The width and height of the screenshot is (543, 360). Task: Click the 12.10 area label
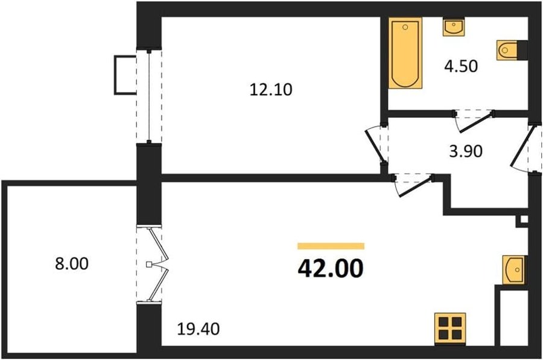pos(271,90)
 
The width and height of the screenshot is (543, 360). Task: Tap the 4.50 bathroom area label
pos(461,66)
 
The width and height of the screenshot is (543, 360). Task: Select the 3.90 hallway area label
pos(466,151)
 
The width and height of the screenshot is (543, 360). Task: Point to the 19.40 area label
pos(198,329)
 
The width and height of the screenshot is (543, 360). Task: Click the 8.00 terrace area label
pos(72,264)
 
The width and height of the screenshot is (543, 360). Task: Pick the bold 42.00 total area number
pos(331,268)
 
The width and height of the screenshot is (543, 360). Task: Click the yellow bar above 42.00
pos(331,246)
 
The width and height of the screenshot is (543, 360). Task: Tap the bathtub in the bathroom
pos(405,53)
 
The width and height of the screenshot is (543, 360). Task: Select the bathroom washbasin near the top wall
pos(453,27)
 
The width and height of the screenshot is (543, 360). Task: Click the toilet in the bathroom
pos(512,50)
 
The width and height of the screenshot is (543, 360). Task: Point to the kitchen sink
pos(515,270)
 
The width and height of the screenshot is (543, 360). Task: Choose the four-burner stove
pos(450,329)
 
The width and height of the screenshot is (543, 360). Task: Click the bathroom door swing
pos(474,121)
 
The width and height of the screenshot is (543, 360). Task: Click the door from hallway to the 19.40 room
pos(414,186)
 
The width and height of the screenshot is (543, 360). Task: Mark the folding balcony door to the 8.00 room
pos(153,265)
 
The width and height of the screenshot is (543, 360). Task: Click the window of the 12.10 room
pos(149,96)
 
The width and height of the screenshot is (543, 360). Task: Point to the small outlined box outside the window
pos(125,75)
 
